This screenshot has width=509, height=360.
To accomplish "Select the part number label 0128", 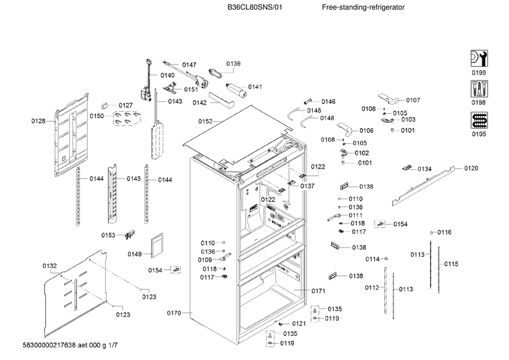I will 39,121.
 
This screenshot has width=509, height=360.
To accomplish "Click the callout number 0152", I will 206,122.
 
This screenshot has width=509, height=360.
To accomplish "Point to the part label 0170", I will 174,314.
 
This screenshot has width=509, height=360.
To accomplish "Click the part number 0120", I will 470,169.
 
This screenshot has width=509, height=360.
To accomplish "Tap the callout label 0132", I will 50,265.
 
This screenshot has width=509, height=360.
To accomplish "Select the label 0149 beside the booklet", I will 135,254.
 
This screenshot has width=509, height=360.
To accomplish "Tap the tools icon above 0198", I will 479,90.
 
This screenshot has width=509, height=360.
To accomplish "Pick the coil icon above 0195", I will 479,121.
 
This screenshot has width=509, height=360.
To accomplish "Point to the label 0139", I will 233,63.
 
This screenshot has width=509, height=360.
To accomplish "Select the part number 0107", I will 413,100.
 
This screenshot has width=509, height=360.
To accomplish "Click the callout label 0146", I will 328,101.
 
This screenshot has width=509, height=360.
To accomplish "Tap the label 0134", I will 425,169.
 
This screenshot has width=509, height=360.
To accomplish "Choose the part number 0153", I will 108,235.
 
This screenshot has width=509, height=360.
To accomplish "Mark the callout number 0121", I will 299,323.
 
